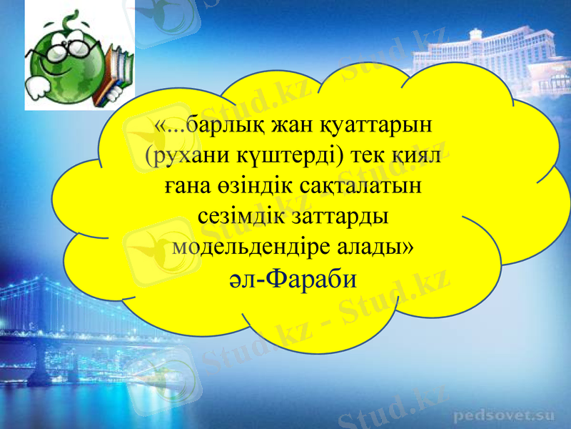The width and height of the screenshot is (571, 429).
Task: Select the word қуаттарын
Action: coord(375,127)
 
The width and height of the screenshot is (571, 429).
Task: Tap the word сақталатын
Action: coord(365,187)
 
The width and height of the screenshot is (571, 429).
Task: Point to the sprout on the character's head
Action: coord(70,20)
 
